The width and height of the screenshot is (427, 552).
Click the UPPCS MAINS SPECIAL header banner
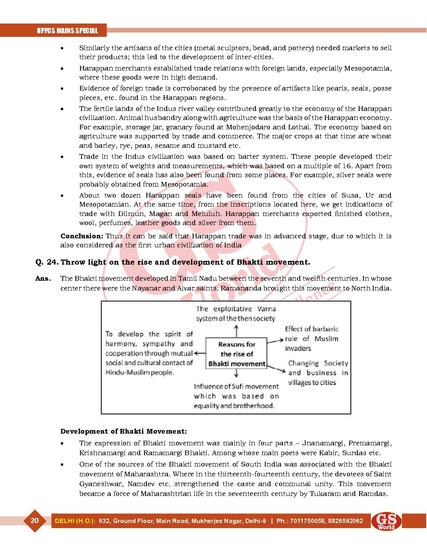(x=67, y=31)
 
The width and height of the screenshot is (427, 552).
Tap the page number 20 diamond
(x=35, y=521)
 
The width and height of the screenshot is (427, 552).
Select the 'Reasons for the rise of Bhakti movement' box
(x=237, y=354)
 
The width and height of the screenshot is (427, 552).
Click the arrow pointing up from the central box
(x=236, y=331)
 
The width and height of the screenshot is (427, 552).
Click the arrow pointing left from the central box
(x=200, y=353)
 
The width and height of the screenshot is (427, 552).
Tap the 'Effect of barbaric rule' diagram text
(x=312, y=338)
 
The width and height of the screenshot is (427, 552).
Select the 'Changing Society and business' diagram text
(x=318, y=373)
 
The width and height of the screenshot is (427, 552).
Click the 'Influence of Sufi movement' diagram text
(x=236, y=396)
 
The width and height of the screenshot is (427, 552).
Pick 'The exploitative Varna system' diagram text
(x=235, y=314)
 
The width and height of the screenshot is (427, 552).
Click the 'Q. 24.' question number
(x=47, y=262)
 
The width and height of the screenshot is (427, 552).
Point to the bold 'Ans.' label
(x=43, y=279)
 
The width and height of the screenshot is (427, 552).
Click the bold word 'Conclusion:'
(x=82, y=236)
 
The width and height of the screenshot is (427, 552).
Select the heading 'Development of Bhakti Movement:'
(x=124, y=431)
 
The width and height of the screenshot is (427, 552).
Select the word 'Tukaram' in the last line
(x=325, y=494)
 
